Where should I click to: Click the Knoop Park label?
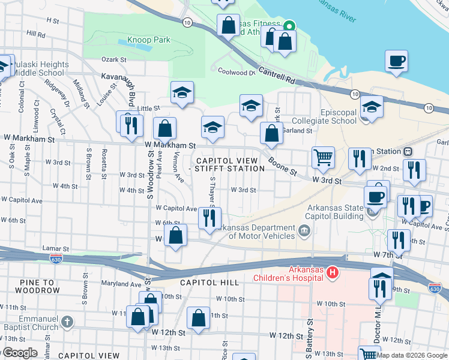[x=148, y=40]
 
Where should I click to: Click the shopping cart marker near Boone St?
[x=323, y=158]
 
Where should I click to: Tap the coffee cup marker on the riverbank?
[x=396, y=61]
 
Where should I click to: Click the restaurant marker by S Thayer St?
[x=209, y=219]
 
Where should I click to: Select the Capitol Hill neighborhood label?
[x=208, y=282]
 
